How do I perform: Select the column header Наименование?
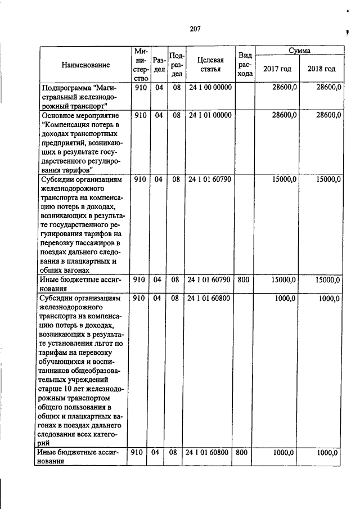click(x=85, y=65)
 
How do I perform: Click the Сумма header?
click(x=299, y=50)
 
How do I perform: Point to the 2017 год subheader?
click(x=277, y=69)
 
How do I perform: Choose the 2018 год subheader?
click(x=321, y=69)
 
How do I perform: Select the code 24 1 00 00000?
click(x=210, y=88)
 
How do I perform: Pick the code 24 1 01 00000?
click(x=210, y=115)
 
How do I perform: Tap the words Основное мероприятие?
click(x=76, y=115)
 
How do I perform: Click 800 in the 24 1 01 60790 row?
click(x=244, y=279)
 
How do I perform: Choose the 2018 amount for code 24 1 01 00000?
click(x=328, y=115)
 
